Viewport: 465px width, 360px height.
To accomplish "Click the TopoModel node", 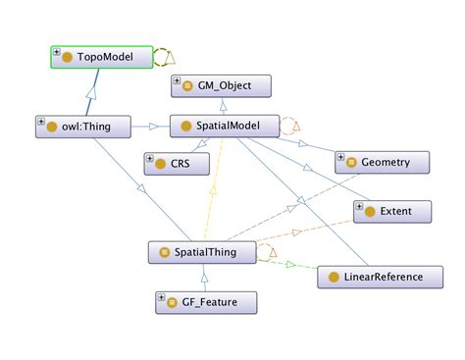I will coord(102,58).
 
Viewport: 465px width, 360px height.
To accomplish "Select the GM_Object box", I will coord(217,86).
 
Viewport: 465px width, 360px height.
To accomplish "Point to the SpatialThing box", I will coord(200,253).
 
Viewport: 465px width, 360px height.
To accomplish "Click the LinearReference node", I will coord(377,277).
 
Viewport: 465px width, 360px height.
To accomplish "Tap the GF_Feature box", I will coord(206,303).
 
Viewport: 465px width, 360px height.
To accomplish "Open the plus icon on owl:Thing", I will coord(41,122).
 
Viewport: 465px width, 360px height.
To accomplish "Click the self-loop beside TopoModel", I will coord(166,57).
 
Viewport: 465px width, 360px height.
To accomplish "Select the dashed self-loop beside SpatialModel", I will coord(291,126).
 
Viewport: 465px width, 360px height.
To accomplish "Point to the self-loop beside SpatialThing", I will coord(267,253).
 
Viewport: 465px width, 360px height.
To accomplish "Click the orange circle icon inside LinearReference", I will coord(335,278).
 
